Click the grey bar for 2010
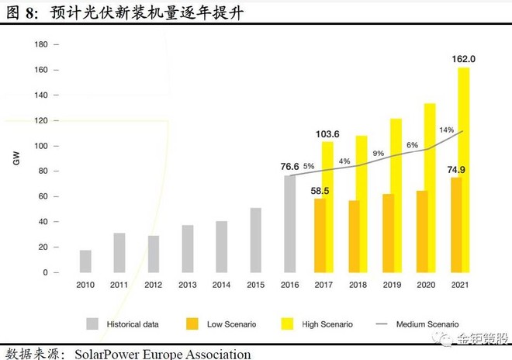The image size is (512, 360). (85, 261)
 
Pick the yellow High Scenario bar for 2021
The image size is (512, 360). (464, 170)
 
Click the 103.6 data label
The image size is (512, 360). (328, 134)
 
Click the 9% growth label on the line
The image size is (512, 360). (378, 154)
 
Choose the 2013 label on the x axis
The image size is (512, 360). (187, 285)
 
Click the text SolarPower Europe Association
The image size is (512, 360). (163, 354)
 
